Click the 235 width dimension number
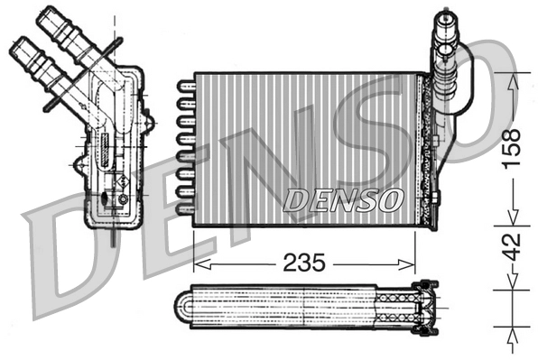304,263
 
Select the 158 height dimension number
512,149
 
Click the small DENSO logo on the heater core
342,200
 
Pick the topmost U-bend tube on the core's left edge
185,86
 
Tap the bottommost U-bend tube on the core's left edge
185,208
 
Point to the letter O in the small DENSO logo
386,200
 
